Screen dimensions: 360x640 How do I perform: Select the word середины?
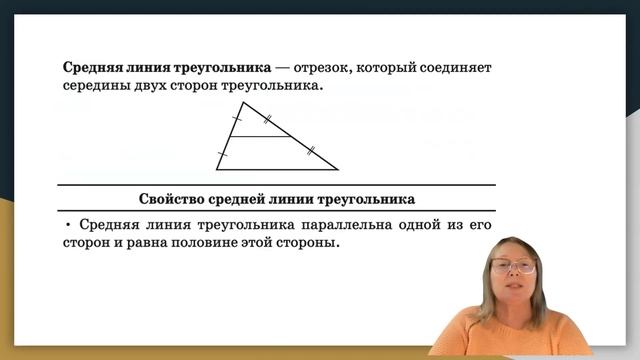(x=96, y=88)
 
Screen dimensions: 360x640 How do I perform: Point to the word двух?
(x=158, y=88)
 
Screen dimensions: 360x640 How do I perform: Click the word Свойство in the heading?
(x=172, y=198)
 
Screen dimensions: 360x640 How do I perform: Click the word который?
(x=397, y=68)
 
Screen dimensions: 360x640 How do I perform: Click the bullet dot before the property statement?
(x=67, y=225)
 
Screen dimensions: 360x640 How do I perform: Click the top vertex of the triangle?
(x=244, y=102)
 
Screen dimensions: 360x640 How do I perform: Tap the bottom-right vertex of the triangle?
(x=338, y=169)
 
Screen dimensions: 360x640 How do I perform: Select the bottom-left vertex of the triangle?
(x=217, y=169)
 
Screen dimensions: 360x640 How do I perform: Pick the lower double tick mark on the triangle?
(x=311, y=151)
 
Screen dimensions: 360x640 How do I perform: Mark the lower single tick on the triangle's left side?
(x=223, y=154)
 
